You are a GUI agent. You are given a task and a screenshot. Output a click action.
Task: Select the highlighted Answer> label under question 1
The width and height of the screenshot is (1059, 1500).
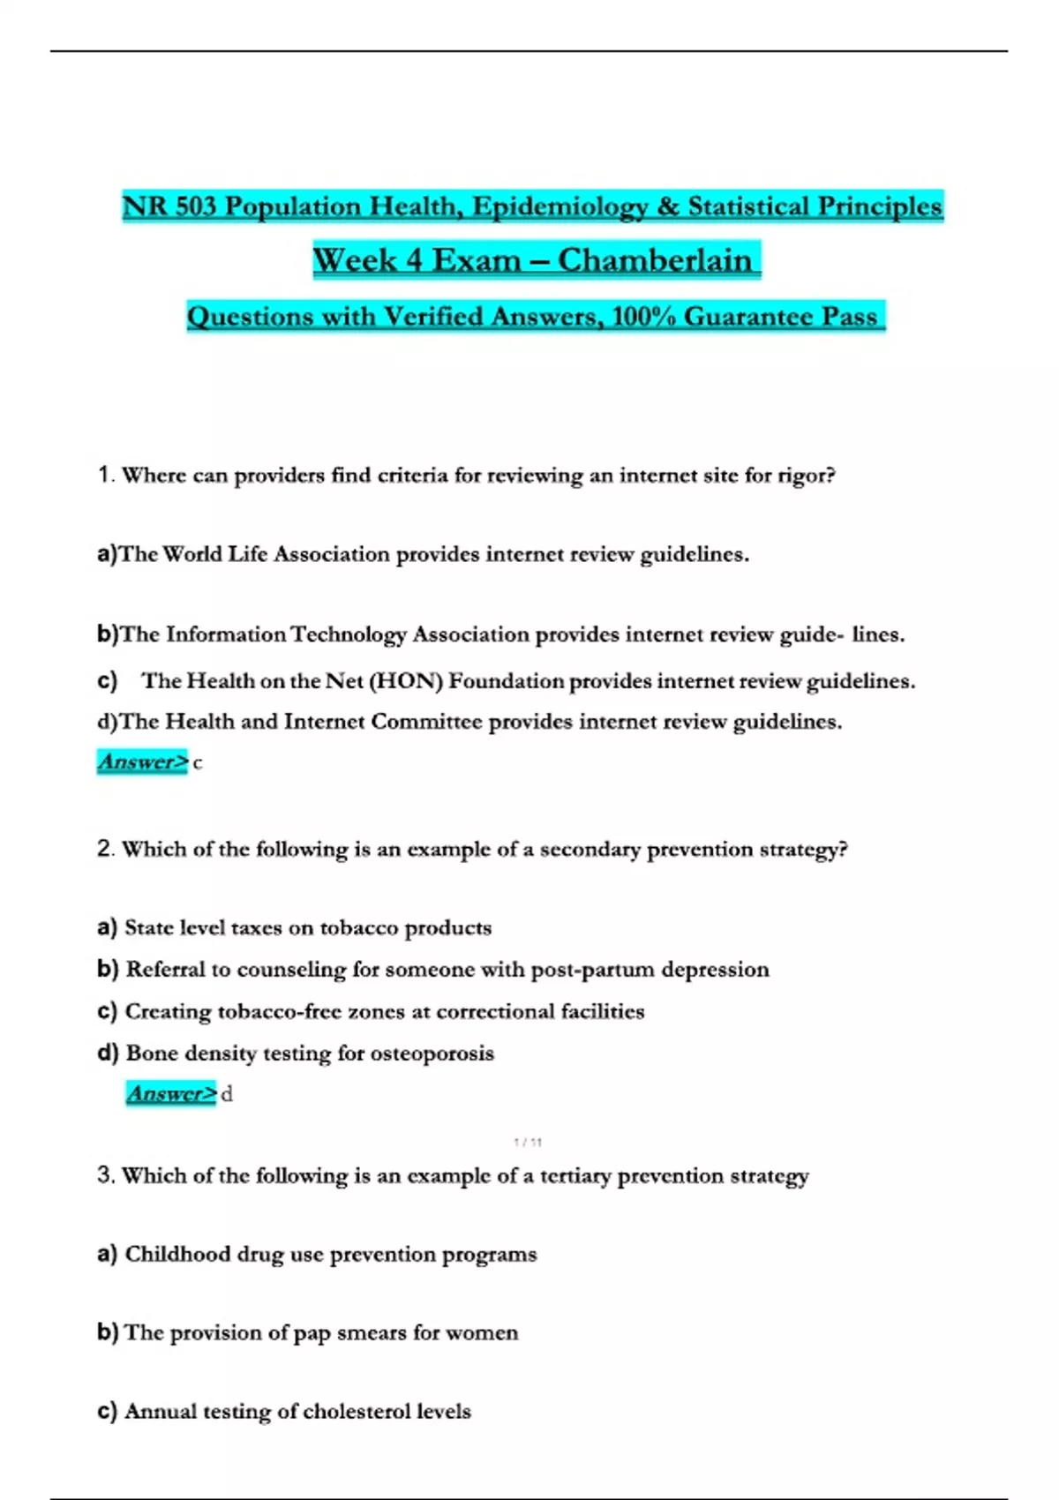coord(142,761)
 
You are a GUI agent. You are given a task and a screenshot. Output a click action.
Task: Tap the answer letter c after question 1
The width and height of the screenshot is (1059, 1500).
coord(198,763)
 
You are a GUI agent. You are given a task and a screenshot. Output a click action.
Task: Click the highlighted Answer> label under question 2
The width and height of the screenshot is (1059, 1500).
coord(171,1093)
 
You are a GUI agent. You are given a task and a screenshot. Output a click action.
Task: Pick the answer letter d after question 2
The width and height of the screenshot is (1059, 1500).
coord(227,1095)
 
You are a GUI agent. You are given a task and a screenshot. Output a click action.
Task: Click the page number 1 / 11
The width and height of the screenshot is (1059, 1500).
coord(528,1142)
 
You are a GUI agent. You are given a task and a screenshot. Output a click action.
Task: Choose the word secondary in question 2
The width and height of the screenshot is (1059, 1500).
coord(590,850)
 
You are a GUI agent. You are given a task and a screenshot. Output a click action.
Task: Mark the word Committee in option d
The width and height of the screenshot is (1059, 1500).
coord(426,722)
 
